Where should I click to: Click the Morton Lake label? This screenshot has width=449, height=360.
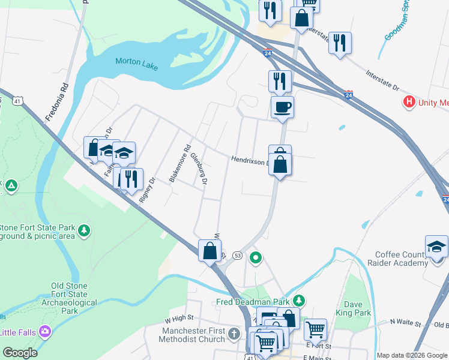[136, 63]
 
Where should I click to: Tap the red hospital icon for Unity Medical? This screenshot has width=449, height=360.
[410, 101]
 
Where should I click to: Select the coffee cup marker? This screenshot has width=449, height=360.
[282, 108]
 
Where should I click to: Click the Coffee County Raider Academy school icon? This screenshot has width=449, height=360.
[436, 247]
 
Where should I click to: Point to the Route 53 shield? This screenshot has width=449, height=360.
[237, 256]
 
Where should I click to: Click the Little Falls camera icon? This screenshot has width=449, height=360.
[44, 331]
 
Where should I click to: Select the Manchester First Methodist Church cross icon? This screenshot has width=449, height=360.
[237, 334]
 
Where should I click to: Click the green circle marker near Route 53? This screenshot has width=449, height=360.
[256, 259]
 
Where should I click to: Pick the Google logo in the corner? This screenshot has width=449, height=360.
[20, 353]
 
